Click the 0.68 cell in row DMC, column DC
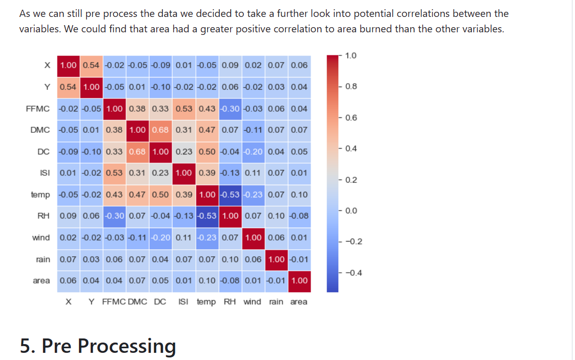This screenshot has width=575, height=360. pyautogui.click(x=160, y=130)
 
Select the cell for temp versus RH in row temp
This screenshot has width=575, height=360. pyautogui.click(x=230, y=194)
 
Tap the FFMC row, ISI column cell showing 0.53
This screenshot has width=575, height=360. pyautogui.click(x=183, y=108)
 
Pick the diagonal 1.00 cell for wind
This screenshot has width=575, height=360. pyautogui.click(x=253, y=237)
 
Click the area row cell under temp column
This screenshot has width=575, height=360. pyautogui.click(x=206, y=281)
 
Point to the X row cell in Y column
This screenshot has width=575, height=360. pyautogui.click(x=91, y=65)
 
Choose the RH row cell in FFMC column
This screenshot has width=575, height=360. pyautogui.click(x=114, y=216)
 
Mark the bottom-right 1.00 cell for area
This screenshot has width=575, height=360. pyautogui.click(x=299, y=281)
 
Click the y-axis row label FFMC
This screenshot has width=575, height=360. pyautogui.click(x=38, y=108)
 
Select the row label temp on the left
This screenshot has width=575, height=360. pyautogui.click(x=40, y=194)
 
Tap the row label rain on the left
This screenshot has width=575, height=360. pyautogui.click(x=43, y=259)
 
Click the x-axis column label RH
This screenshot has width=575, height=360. pyautogui.click(x=230, y=302)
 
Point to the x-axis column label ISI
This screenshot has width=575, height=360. pyautogui.click(x=183, y=302)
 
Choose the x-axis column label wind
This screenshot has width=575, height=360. pyautogui.click(x=253, y=302)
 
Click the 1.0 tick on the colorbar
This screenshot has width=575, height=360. pyautogui.click(x=351, y=55)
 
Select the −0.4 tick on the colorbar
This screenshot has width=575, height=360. pyautogui.click(x=353, y=272)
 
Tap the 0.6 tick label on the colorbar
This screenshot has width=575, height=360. pyautogui.click(x=351, y=117)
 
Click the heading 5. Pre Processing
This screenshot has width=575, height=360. pyautogui.click(x=98, y=346)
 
